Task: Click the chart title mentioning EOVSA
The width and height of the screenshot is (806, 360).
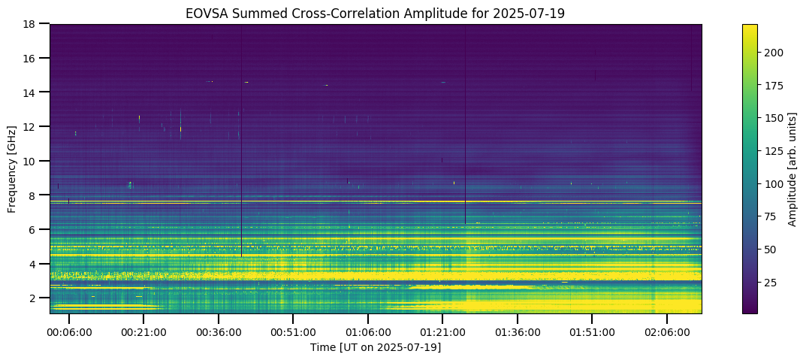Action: click(x=376, y=14)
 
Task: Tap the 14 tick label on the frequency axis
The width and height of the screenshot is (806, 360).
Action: click(x=35, y=92)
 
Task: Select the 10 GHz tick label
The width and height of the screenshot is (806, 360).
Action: click(x=35, y=161)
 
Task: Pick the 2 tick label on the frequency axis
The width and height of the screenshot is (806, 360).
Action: click(x=38, y=298)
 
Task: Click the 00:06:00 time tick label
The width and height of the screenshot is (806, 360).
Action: click(x=69, y=333)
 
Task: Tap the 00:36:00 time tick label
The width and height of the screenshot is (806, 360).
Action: click(x=219, y=333)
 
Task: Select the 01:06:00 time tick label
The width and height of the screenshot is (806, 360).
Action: click(x=367, y=333)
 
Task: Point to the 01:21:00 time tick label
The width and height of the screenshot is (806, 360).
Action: click(x=442, y=333)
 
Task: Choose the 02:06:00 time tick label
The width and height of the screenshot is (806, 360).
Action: click(x=667, y=333)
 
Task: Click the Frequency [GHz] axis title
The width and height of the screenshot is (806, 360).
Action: click(x=12, y=168)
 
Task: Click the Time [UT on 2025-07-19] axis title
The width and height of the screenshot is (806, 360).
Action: click(x=376, y=348)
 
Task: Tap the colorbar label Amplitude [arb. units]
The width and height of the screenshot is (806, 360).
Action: click(x=792, y=168)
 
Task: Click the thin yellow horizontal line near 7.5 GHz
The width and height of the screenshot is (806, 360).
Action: click(x=376, y=203)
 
